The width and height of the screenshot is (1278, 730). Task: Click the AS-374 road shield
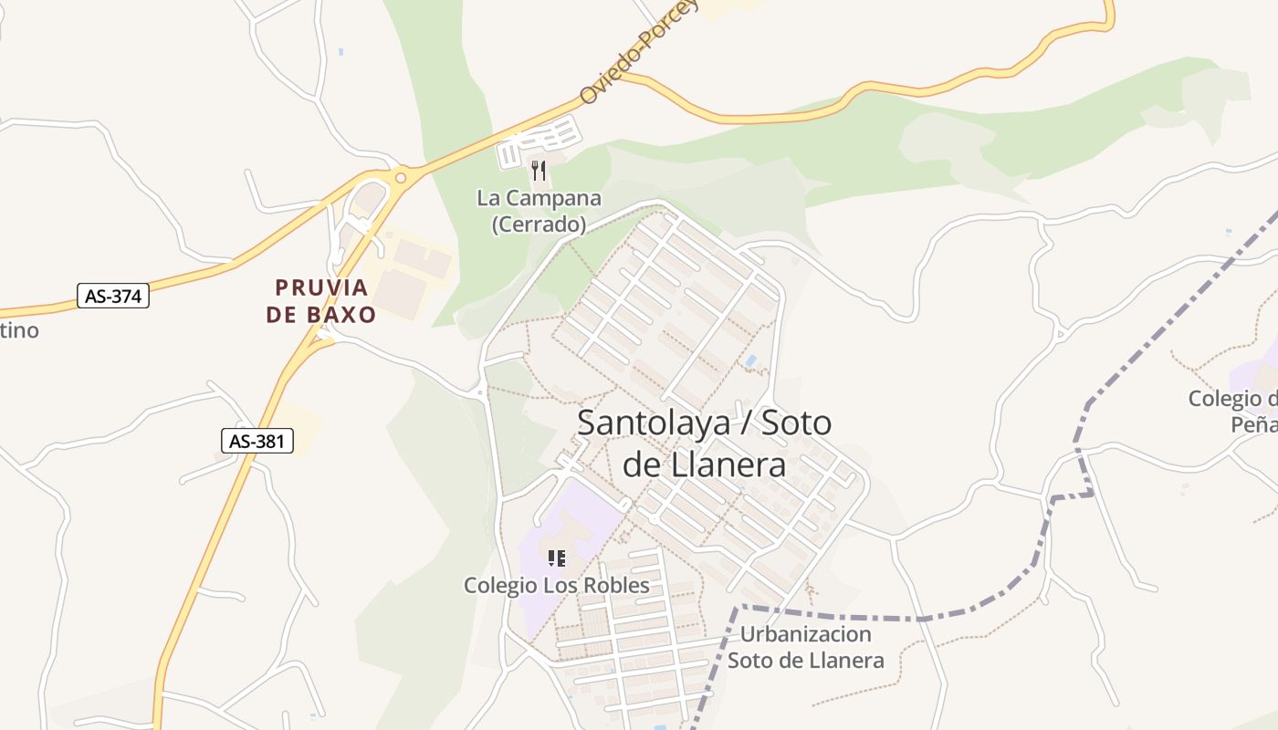112,296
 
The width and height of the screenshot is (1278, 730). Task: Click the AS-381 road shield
257,442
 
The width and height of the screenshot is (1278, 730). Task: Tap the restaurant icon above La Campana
539,171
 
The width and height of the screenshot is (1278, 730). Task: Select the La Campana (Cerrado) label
539,211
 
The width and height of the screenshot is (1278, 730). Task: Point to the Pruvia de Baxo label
321,301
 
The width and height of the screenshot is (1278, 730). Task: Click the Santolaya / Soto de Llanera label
704,443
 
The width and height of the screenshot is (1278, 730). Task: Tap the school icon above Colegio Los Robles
556,558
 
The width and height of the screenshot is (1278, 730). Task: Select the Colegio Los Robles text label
556,585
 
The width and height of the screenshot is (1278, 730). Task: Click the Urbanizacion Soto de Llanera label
806,647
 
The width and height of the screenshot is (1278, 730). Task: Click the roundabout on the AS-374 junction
401,177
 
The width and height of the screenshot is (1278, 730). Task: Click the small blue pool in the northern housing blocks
750,361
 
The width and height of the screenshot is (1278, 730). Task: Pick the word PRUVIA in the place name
322,288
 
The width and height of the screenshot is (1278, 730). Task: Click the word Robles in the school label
614,585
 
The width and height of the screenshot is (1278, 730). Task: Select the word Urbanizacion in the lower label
806,634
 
